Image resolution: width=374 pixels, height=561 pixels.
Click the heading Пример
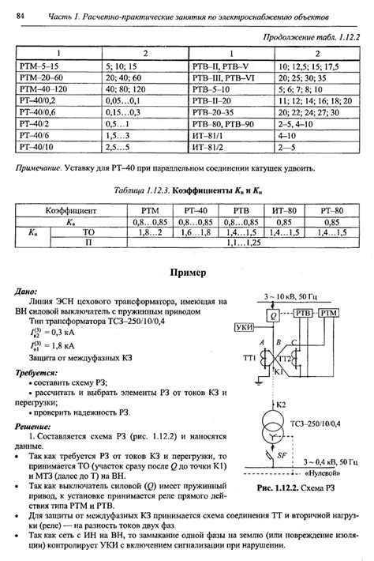click(x=187, y=273)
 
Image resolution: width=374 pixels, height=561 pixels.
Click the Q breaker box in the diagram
click(x=272, y=314)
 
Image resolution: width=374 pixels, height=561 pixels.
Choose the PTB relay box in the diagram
click(x=305, y=314)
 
